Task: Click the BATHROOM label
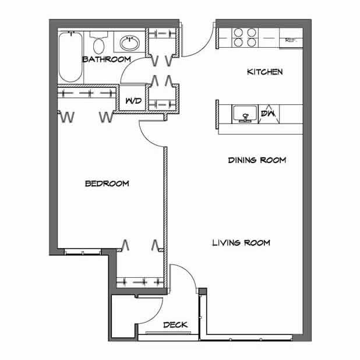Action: tap(105, 59)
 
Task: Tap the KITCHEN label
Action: tap(265, 72)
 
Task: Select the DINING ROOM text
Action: tap(256, 160)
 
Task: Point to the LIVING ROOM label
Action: tap(241, 242)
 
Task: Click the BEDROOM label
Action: tap(107, 183)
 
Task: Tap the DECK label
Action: tap(175, 324)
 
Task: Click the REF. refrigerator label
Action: tap(291, 41)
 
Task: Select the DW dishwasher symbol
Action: tap(267, 114)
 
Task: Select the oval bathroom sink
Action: tap(129, 43)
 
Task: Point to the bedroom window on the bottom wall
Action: tap(82, 252)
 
